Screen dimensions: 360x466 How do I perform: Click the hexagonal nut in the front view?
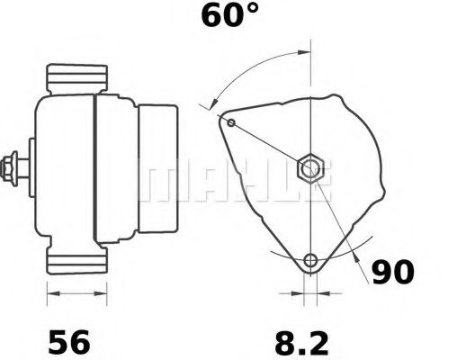coord(309,167)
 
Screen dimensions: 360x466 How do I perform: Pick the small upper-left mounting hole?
coord(231,122)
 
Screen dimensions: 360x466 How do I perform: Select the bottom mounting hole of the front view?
coord(310,262)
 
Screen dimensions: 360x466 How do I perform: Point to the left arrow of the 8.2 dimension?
coord(290,292)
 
